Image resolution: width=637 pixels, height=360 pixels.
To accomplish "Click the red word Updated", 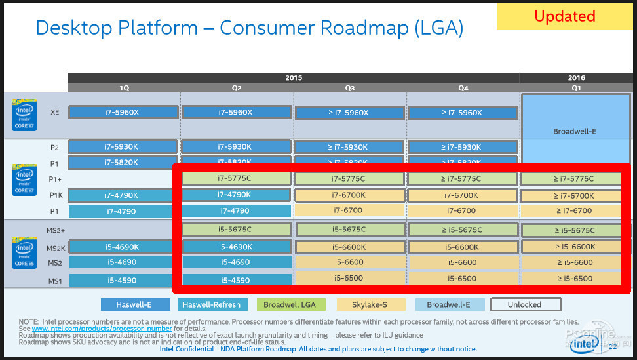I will coord(564,16).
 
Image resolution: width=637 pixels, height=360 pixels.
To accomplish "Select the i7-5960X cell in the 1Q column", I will coord(123,112).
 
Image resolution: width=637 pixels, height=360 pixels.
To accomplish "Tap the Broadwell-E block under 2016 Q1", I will coord(574,131).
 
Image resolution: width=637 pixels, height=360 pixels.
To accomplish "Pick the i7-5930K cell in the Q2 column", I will coord(235,146).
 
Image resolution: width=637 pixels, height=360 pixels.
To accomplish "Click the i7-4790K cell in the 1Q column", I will coord(123,195).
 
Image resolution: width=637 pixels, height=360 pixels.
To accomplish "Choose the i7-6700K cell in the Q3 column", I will coord(349,195).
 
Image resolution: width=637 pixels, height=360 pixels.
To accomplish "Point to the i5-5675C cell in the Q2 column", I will coord(236,230).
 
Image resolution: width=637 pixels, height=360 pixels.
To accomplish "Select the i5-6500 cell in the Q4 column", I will coord(462,278).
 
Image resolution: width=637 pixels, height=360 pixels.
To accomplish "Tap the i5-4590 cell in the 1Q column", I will coord(123,280).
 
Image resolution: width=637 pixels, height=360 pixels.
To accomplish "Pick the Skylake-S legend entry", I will coord(370,304).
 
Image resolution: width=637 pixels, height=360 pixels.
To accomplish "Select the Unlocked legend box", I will coord(525,304).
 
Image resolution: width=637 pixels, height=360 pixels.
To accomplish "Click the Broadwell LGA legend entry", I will coord(291,304).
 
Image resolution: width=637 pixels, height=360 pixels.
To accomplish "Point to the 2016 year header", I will coord(577,78).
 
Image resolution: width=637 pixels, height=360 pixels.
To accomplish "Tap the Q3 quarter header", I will coord(349,88).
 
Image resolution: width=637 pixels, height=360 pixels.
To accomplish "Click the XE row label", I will coord(55,112).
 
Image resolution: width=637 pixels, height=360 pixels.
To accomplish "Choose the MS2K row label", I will coord(55,248).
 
